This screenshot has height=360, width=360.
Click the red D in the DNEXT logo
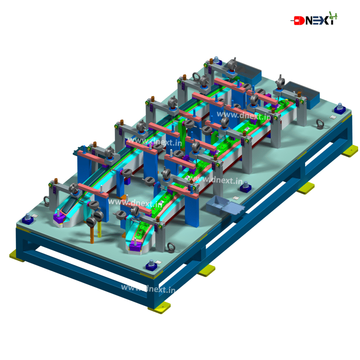pos(299,21)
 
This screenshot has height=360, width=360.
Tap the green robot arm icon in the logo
pos(333,16)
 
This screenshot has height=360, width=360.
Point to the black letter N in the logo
pos(308,21)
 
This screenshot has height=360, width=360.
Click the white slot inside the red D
pos(298,21)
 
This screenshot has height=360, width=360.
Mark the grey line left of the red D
pos(292,21)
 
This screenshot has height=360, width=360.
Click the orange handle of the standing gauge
pos(92,234)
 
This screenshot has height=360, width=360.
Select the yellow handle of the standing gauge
pos(99,229)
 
